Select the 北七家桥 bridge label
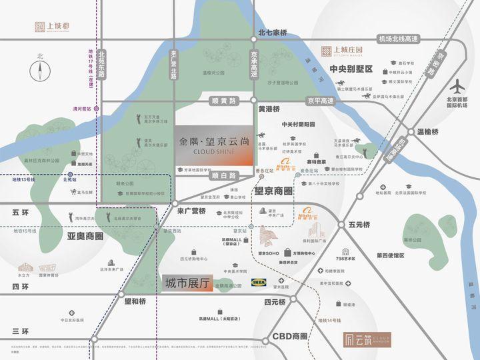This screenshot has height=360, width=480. click(273, 32)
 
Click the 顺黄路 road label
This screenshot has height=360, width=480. click(223, 101)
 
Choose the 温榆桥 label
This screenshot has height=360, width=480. click(449, 132)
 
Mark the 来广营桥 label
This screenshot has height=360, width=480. click(191, 211)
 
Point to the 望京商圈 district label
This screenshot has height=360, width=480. click(274, 191)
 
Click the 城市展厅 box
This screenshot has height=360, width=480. click(187, 283)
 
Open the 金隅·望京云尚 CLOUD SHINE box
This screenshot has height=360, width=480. click(213, 145)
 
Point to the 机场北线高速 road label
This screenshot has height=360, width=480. click(397, 39)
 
